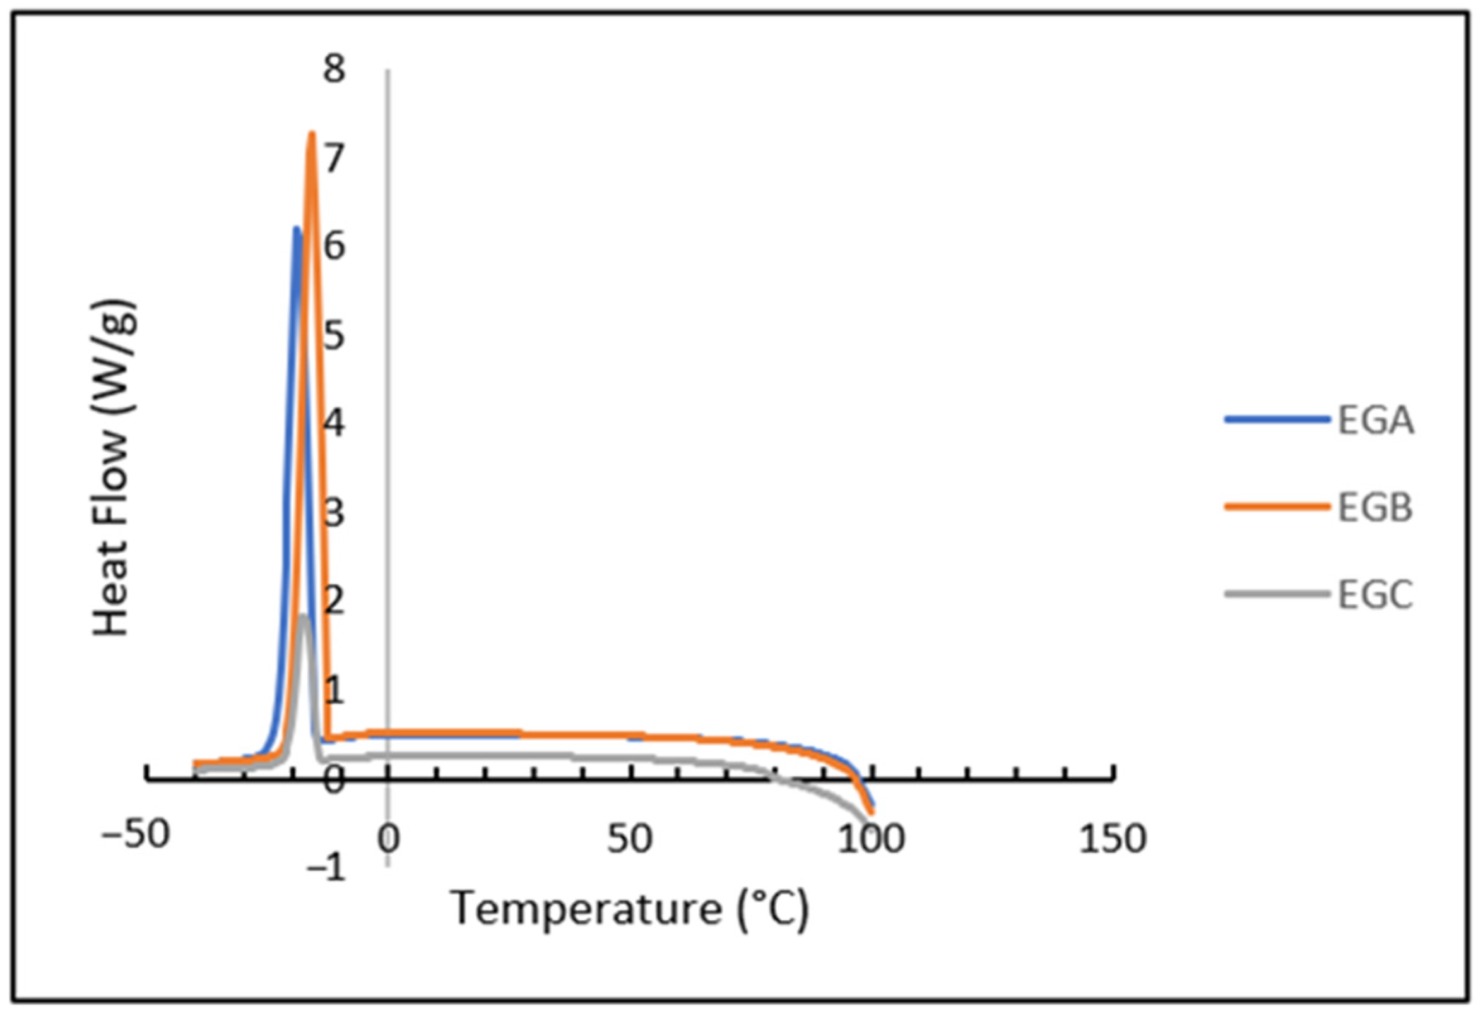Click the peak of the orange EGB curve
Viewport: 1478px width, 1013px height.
[x=312, y=133]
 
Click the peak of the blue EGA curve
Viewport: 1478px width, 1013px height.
[x=297, y=228]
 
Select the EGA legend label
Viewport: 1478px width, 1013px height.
[x=1376, y=421]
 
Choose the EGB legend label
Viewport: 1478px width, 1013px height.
[x=1375, y=508]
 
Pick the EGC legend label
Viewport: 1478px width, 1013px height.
[x=1375, y=596]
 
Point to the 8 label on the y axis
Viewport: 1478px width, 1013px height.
[x=334, y=68]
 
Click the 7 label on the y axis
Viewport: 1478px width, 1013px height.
[x=334, y=158]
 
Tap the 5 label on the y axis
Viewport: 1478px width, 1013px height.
[x=334, y=335]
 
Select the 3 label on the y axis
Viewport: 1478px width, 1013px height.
[x=334, y=512]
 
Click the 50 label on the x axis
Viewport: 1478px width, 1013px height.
[x=629, y=839]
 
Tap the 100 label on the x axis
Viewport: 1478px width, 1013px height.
[x=871, y=839]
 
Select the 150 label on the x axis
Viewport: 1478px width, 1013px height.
[x=1113, y=839]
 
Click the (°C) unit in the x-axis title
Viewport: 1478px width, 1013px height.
[x=772, y=910]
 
